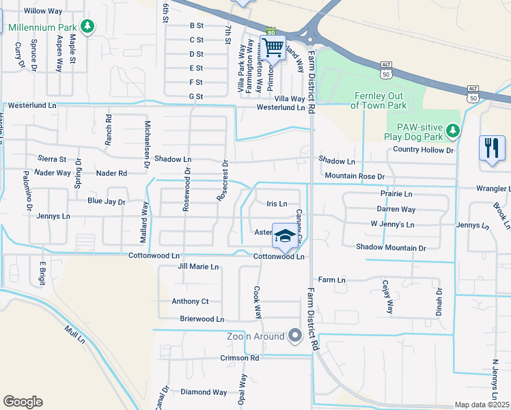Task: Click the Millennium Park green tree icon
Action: tap(87, 27)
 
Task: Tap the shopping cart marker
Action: tap(273, 47)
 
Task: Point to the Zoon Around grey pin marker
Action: tap(295, 336)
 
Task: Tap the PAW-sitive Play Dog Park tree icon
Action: tap(452, 130)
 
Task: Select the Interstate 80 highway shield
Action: tap(271, 31)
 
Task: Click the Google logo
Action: tap(23, 401)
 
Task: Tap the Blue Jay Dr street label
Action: tap(107, 202)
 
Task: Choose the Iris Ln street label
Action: tap(277, 204)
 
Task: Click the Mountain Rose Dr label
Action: tap(355, 176)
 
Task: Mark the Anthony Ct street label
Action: tap(190, 301)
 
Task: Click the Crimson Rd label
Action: tap(239, 358)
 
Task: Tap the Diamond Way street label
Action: tap(204, 392)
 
